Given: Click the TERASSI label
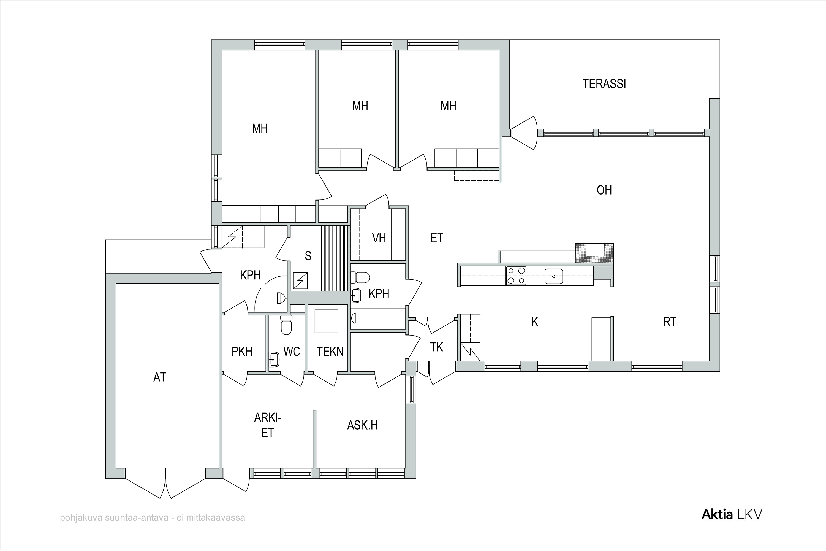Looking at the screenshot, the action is click(604, 84).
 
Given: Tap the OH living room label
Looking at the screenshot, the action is click(604, 190).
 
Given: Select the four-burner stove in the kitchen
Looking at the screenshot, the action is click(516, 275).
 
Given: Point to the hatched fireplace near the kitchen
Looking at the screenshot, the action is click(594, 253).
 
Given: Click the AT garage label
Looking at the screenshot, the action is click(160, 377).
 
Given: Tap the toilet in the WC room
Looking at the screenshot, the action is click(286, 325).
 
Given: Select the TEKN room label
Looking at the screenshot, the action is click(330, 352).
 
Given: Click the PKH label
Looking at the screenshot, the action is click(242, 352).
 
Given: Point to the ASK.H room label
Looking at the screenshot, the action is click(362, 425).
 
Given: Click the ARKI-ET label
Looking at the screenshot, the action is click(268, 425).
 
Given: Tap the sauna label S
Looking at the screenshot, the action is click(308, 256).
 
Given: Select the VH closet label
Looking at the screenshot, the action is click(379, 238).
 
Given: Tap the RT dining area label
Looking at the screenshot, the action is click(669, 322).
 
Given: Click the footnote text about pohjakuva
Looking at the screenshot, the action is click(153, 518).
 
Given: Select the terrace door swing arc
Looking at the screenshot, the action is click(536, 133).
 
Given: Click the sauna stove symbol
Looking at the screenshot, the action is click(301, 281).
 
